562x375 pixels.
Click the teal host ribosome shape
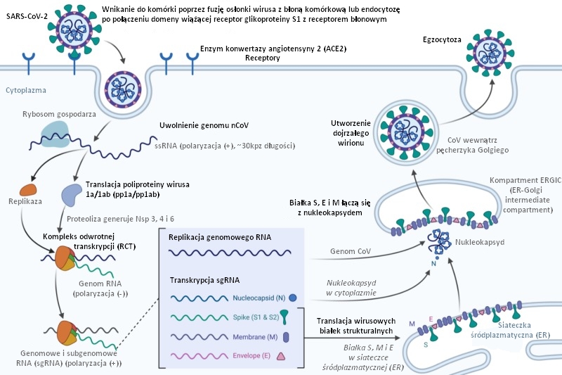(x=55, y=133)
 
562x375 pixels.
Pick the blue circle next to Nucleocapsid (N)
(x=292, y=298)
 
